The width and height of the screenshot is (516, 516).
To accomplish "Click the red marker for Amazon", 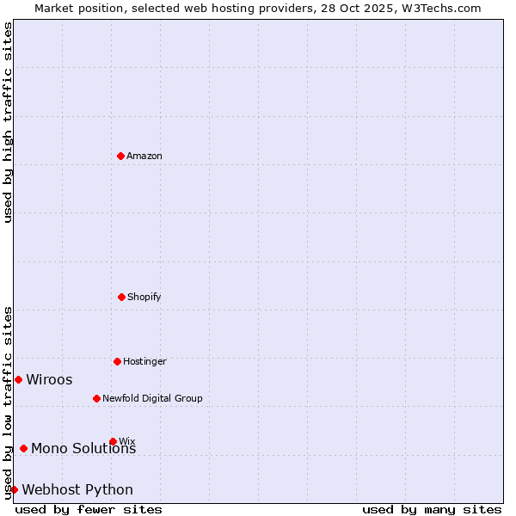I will coord(120,156).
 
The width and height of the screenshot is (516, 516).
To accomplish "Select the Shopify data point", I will coord(121,297).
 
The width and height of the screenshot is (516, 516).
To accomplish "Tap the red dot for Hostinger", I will coord(117,361).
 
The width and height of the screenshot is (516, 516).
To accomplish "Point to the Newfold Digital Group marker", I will coord(96,398).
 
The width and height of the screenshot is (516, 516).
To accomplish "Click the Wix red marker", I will coord(113,441).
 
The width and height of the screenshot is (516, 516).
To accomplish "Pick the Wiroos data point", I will coord(18,379).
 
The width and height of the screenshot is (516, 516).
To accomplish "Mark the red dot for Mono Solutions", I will coord(23,448).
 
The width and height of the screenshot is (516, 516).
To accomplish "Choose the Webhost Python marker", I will coord(14,489).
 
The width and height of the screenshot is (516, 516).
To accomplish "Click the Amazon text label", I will coord(144,157).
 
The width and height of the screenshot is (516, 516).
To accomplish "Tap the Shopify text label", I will coord(144,298).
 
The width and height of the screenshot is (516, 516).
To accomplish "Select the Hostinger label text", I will coord(144,362).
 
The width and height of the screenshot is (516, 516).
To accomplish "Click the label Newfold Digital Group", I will coord(152,399).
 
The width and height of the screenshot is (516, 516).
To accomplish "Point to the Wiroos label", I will coord(49,380).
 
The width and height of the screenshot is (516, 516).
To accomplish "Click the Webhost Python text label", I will coord(77,490).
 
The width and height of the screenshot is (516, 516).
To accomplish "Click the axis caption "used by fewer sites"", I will coord(89,509).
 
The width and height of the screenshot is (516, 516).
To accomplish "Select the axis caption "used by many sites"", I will coord(432,509).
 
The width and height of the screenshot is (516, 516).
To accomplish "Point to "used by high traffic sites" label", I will coord(9,122).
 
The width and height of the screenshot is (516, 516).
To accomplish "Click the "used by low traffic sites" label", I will coord(9,402).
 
